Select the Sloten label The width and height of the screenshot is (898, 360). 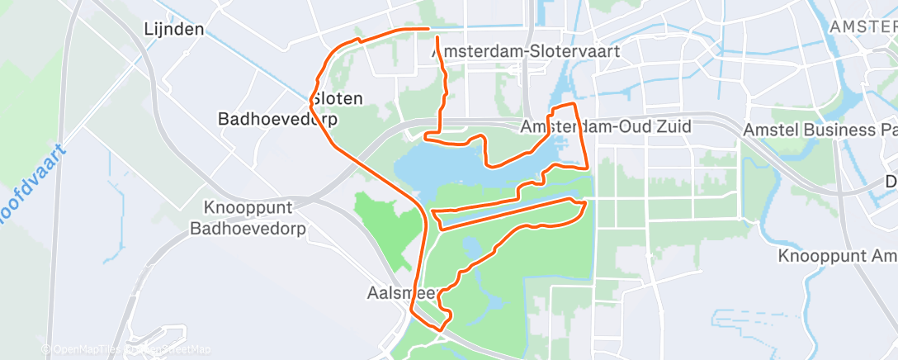(337, 98)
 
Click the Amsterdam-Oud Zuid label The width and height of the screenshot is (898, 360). (606, 127)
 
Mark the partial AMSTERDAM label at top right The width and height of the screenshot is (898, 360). (863, 26)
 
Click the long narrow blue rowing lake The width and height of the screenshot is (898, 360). (512, 211)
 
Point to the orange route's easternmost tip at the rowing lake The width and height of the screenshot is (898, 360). (586, 202)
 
